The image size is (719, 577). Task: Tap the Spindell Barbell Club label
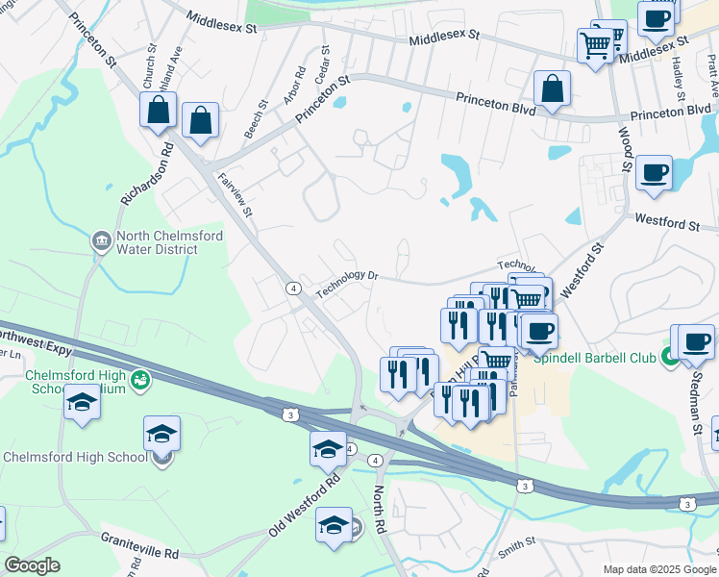point(595,358)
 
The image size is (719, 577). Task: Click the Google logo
point(32,565)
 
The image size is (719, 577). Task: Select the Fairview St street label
point(236,192)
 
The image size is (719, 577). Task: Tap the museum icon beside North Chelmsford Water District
point(101,240)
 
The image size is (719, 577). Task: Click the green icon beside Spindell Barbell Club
point(669,358)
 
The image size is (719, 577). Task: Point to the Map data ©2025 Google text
point(658,569)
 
